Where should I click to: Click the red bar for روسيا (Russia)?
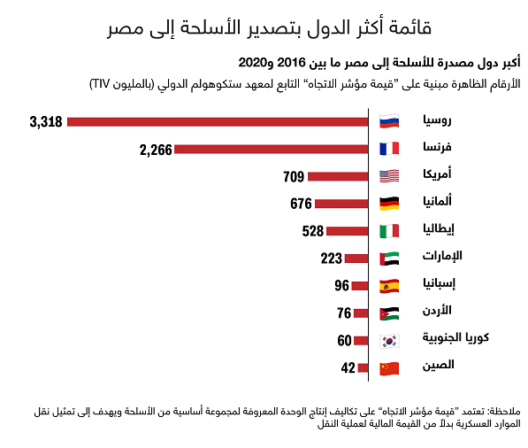tap(218, 121)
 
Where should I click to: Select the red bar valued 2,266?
tap(271, 149)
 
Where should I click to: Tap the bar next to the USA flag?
tap(340, 176)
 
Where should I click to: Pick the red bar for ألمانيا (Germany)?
tap(341, 204)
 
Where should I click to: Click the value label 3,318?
tap(46, 121)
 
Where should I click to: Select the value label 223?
tap(331, 259)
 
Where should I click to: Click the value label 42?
tap(348, 367)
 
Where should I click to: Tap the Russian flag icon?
tap(389, 121)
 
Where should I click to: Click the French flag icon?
tap(389, 149)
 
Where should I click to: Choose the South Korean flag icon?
tap(389, 341)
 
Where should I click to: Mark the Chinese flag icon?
tap(389, 367)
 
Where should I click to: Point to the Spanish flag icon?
tap(389, 286)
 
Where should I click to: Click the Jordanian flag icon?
tap(389, 313)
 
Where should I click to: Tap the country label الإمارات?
tap(439, 257)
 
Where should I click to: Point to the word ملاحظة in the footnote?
tap(505, 412)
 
